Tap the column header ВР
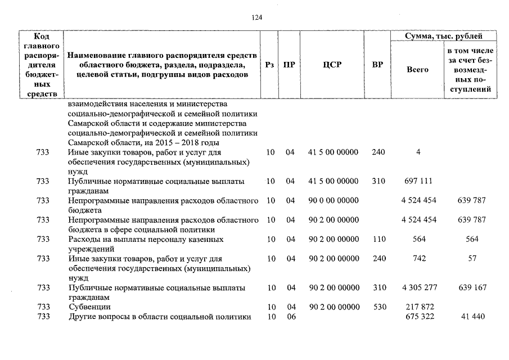pos(377,65)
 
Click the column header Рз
pos(269,65)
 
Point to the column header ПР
pos(289,65)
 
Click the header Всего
pos(417,70)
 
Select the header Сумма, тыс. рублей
pos(444,37)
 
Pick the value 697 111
pos(418,181)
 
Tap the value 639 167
pos(472,287)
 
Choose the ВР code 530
pos(379,307)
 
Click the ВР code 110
pos(379,239)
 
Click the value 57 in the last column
pos(472,258)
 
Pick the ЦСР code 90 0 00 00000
pos(334,200)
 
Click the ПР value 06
pos(290,317)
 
